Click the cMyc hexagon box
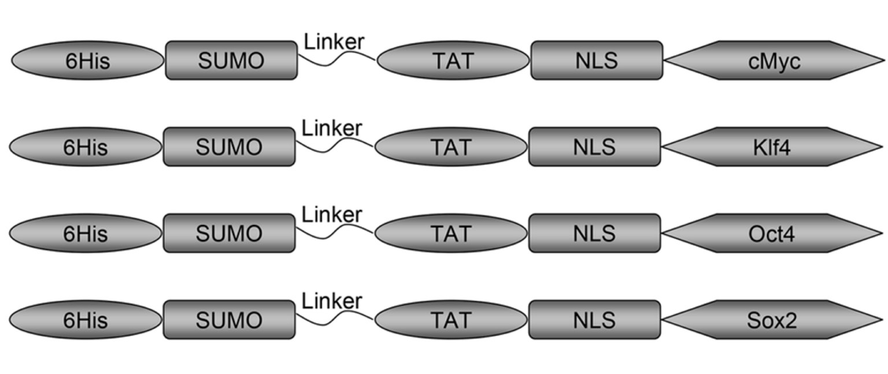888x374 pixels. pyautogui.click(x=774, y=61)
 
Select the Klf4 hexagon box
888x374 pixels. pyautogui.click(x=772, y=147)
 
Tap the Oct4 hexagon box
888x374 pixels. pyautogui.click(x=772, y=233)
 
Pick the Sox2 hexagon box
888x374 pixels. pyautogui.click(x=772, y=320)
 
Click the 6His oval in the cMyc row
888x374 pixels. pyautogui.click(x=88, y=61)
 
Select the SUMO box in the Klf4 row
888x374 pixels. pyautogui.click(x=229, y=147)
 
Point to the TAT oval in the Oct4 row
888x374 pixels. pyautogui.click(x=451, y=233)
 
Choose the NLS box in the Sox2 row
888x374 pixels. pyautogui.click(x=595, y=320)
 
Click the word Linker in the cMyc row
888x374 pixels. pyautogui.click(x=334, y=42)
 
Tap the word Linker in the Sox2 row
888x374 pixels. pyautogui.click(x=332, y=301)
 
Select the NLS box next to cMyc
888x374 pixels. pyautogui.click(x=597, y=61)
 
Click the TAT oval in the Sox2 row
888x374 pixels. pyautogui.click(x=451, y=320)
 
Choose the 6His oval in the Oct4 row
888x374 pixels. pyautogui.click(x=86, y=233)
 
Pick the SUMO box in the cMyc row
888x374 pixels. pyautogui.click(x=231, y=61)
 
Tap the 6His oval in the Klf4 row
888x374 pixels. pyautogui.click(x=86, y=147)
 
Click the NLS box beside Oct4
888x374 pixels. pyautogui.click(x=595, y=233)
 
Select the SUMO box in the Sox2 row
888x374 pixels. pyautogui.click(x=229, y=320)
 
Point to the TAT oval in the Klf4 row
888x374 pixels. pyautogui.click(x=451, y=147)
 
